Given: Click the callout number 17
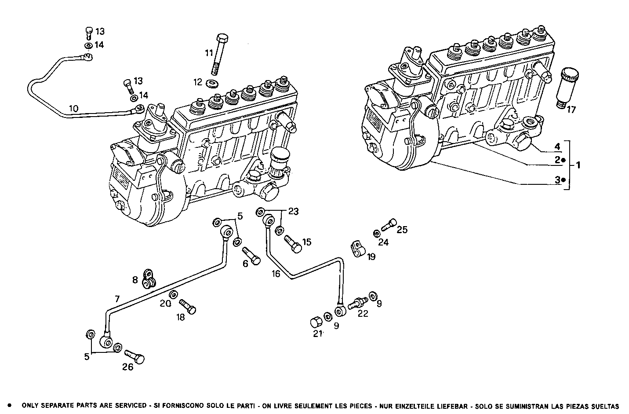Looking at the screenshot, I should [x=571, y=110].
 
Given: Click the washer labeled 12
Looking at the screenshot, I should [x=214, y=83].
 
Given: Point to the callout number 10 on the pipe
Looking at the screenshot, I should [x=73, y=108].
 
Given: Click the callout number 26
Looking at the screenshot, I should [x=127, y=367].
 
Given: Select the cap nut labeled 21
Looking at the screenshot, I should [x=316, y=322].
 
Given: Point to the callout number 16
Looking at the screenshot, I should [x=276, y=274].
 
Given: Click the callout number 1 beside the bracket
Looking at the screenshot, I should [x=578, y=165].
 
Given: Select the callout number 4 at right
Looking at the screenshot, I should [x=557, y=146].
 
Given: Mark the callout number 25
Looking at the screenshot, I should [x=402, y=230].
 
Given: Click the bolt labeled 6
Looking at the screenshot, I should [x=251, y=256].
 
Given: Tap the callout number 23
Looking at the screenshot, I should [x=294, y=212].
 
